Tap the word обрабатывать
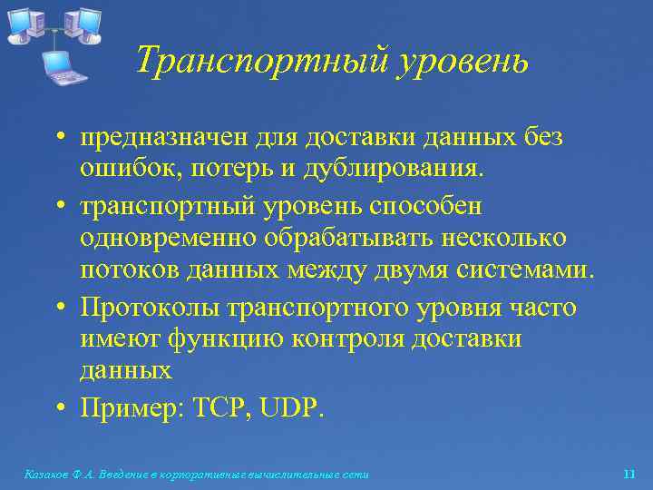[340, 238]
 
